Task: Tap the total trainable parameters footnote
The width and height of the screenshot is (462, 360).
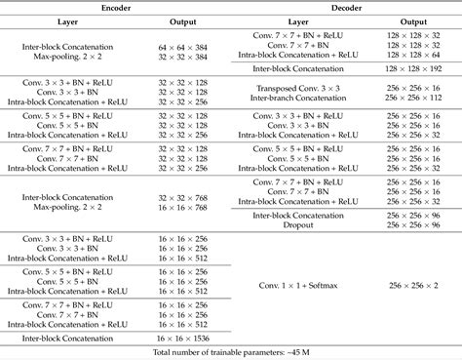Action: pos(230,350)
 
